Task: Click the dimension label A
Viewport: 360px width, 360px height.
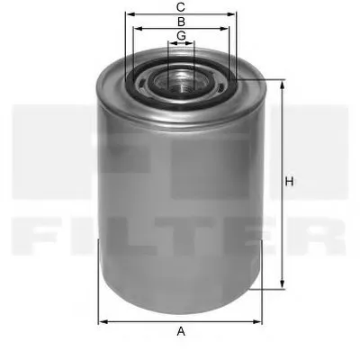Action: [181, 332]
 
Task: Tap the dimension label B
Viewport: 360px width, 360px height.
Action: [181, 21]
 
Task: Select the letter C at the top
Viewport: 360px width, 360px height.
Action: [181, 6]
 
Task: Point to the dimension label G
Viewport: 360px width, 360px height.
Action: [181, 35]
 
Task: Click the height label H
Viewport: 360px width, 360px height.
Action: [291, 183]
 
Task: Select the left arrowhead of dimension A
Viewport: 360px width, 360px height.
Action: [102, 319]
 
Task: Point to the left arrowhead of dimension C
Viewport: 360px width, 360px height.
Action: [128, 15]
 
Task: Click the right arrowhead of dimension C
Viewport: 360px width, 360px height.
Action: [234, 15]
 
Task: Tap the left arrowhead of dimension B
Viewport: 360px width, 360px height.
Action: [135, 29]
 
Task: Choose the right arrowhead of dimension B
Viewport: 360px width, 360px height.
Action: [228, 29]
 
